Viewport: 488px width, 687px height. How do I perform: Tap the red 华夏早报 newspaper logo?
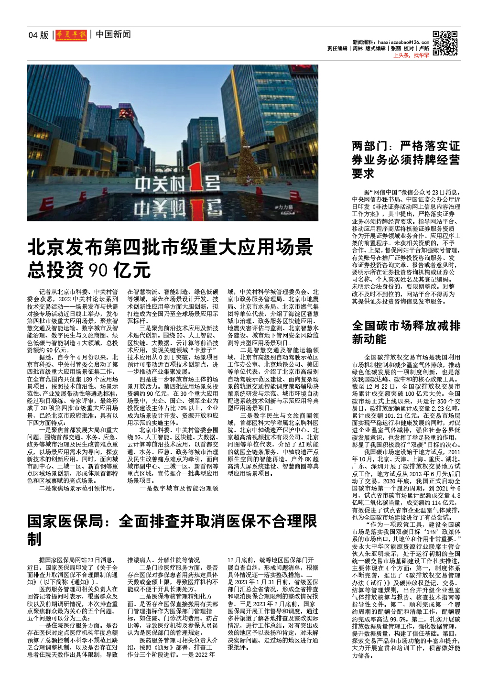71,34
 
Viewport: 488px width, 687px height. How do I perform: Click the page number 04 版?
38,35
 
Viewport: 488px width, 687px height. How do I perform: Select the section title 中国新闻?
113,34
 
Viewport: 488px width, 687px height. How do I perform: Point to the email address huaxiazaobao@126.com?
403,42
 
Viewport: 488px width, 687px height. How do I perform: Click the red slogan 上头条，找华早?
411,55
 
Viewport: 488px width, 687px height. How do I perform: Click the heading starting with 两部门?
405,159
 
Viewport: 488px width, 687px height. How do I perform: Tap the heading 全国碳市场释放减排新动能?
406,332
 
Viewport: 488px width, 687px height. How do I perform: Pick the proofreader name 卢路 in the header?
423,49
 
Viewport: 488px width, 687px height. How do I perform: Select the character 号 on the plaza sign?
212,183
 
